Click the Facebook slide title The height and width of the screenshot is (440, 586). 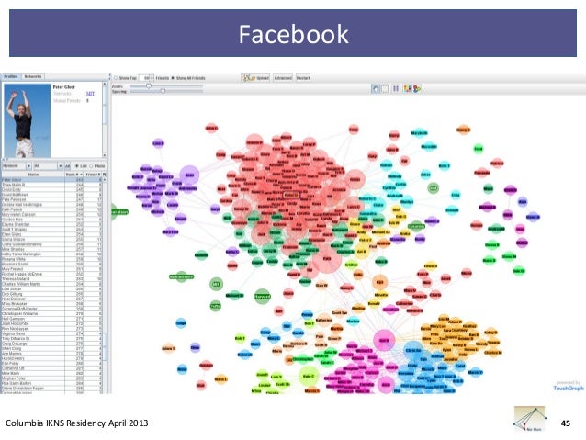[x=293, y=36]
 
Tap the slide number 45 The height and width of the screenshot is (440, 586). [x=567, y=423]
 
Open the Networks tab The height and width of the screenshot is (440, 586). [x=33, y=76]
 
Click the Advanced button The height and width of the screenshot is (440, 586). [x=281, y=77]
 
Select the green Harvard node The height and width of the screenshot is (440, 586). [x=261, y=297]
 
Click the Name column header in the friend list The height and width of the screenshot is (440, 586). [x=34, y=173]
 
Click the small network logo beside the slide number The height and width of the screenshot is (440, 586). [x=528, y=419]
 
